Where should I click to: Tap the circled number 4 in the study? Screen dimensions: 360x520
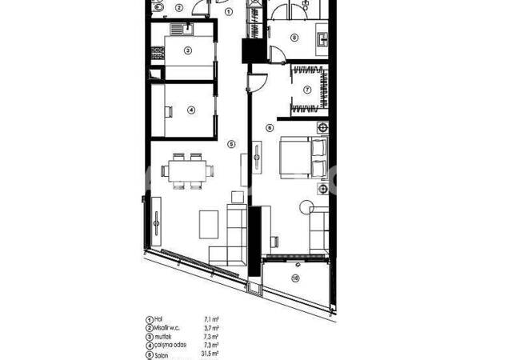(x=191, y=110)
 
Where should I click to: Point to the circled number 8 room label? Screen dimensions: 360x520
(x=294, y=37)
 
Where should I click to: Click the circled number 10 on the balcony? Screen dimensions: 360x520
(x=295, y=278)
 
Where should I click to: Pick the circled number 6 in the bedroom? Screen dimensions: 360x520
(x=270, y=127)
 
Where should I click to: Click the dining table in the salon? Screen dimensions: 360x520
(x=188, y=170)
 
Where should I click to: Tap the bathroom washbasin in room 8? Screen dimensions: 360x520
(x=322, y=38)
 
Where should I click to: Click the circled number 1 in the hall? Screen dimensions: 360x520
(x=229, y=12)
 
